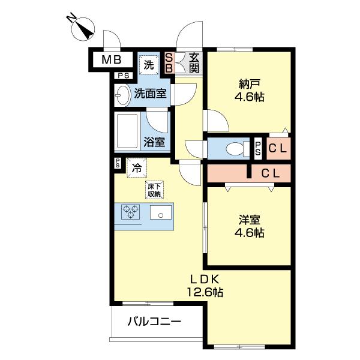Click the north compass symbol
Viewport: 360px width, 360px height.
[x=82, y=28]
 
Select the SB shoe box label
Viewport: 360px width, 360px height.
[x=169, y=62]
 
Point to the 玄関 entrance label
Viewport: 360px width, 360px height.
[x=194, y=62]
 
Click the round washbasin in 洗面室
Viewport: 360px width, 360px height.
[x=122, y=94]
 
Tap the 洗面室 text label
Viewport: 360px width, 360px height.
[x=151, y=94]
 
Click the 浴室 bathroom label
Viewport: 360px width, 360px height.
[x=154, y=143]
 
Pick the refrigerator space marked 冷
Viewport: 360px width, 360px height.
[x=137, y=168]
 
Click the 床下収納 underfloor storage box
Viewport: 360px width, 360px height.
[x=154, y=190]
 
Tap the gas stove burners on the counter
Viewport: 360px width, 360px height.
[x=130, y=212]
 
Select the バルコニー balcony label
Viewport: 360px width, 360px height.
[x=154, y=322]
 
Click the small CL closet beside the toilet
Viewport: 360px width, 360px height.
[x=277, y=148]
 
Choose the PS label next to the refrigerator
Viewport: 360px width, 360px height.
[x=118, y=163]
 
